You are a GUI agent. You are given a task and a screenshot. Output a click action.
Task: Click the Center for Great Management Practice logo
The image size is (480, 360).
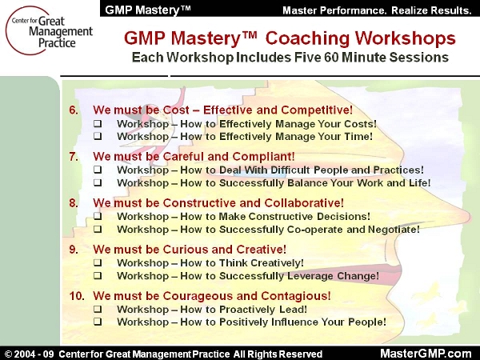click(49, 31)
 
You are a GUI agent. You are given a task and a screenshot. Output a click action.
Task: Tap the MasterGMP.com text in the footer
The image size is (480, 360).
click(426, 353)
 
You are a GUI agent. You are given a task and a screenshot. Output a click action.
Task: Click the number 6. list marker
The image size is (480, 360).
click(74, 110)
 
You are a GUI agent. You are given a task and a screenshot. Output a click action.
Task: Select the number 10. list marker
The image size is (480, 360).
click(76, 296)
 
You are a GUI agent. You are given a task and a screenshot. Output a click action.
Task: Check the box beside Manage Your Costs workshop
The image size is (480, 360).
click(98, 124)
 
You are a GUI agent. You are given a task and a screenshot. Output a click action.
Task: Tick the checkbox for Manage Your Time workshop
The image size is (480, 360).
click(98, 136)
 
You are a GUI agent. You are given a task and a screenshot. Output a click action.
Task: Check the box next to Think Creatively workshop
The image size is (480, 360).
click(98, 262)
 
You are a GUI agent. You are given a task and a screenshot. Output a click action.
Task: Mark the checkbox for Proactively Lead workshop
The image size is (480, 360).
click(98, 309)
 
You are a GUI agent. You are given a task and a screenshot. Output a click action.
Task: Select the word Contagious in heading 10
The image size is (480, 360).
click(296, 296)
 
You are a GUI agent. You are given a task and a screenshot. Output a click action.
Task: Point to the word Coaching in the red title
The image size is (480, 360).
click(307, 39)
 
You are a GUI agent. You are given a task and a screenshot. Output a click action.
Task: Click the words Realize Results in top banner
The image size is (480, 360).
click(431, 10)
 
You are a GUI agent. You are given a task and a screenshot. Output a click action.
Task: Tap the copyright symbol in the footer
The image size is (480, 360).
click(9, 354)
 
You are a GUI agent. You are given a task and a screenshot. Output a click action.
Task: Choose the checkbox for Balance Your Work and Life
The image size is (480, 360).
click(98, 182)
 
